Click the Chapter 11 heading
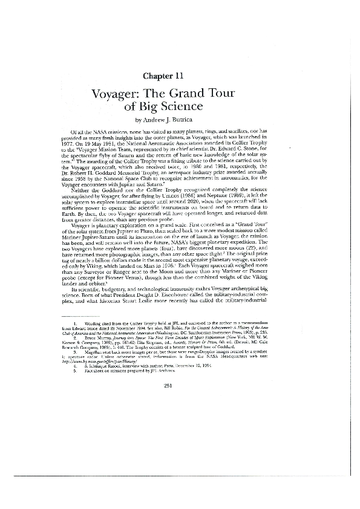tap(168, 76)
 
